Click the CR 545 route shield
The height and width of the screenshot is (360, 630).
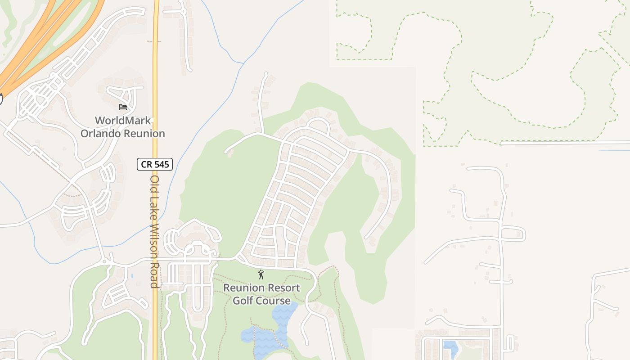[155, 164]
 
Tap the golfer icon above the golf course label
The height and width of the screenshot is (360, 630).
[261, 274]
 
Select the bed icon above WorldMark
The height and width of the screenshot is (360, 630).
[122, 107]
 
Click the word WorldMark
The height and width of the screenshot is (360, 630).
[122, 121]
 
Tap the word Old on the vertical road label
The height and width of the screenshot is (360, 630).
[154, 183]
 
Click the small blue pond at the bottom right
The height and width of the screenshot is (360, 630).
[450, 348]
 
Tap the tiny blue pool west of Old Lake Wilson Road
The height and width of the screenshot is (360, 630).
[132, 275]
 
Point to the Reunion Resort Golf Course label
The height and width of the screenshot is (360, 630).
[261, 294]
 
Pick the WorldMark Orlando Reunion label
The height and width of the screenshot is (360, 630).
[122, 127]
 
